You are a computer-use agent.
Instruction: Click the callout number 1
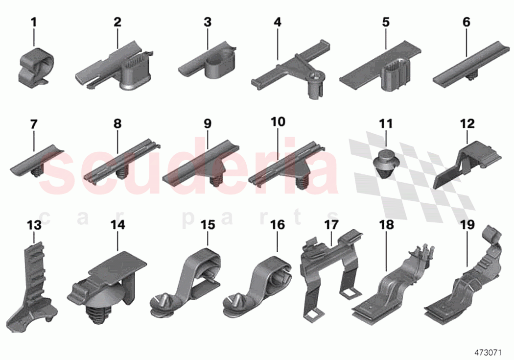[34, 22]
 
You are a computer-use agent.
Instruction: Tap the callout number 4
[278, 22]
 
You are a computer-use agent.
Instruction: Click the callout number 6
[466, 22]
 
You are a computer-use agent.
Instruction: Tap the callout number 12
[467, 124]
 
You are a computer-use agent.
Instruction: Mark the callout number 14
[117, 225]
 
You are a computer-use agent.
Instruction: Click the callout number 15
[208, 225]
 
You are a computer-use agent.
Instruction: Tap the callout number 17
[331, 225]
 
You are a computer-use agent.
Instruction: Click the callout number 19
[467, 225]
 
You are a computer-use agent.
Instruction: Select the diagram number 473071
[491, 351]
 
